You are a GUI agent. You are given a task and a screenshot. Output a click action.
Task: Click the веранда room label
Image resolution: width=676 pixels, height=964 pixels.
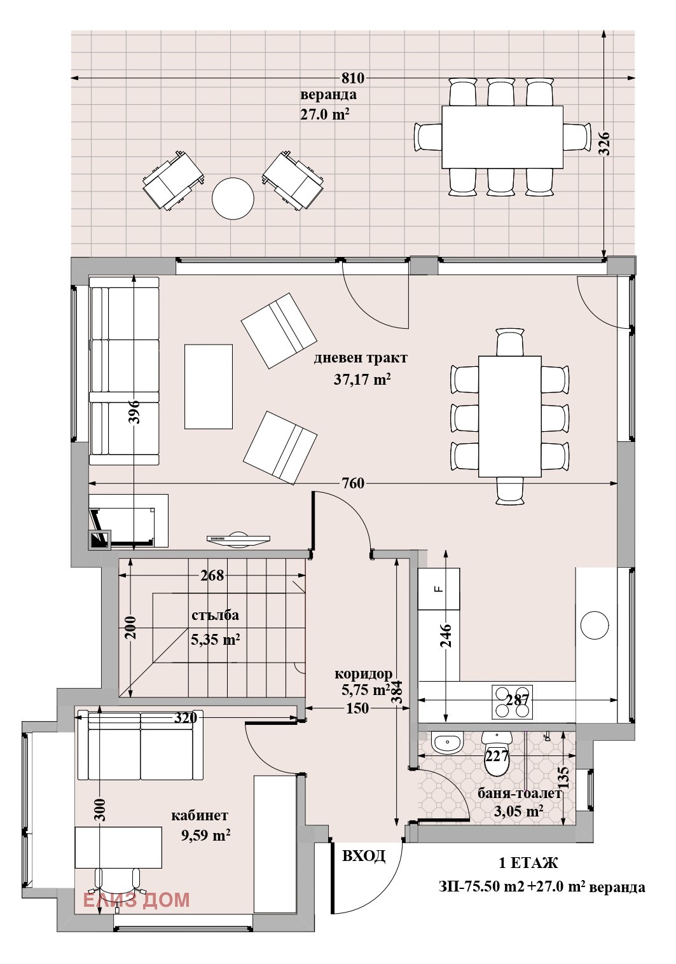pyautogui.click(x=328, y=94)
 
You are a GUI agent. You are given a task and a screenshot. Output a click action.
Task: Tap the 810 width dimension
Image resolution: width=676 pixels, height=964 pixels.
pyautogui.click(x=353, y=78)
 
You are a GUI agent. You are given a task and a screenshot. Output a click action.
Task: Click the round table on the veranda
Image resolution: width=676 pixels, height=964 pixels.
pyautogui.click(x=233, y=198)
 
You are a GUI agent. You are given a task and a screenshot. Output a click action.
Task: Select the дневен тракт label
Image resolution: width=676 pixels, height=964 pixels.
pyautogui.click(x=360, y=358)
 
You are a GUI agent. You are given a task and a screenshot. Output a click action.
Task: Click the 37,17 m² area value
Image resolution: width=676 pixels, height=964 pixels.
pyautogui.click(x=362, y=379)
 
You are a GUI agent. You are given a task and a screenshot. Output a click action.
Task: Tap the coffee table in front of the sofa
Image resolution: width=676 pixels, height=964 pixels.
pyautogui.click(x=208, y=387)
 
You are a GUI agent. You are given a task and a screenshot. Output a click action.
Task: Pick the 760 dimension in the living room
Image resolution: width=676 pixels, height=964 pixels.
pyautogui.click(x=353, y=483)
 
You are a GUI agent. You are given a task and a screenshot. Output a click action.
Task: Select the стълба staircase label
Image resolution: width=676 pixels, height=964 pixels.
pyautogui.click(x=215, y=615)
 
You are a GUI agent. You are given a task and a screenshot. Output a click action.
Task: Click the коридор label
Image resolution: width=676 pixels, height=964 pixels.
pyautogui.click(x=364, y=673)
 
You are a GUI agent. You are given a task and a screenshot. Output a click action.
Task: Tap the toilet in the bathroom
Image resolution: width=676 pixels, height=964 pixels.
pyautogui.click(x=497, y=753)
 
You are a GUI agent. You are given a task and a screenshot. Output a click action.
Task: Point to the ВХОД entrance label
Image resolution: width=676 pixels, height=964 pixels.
pyautogui.click(x=364, y=856)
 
